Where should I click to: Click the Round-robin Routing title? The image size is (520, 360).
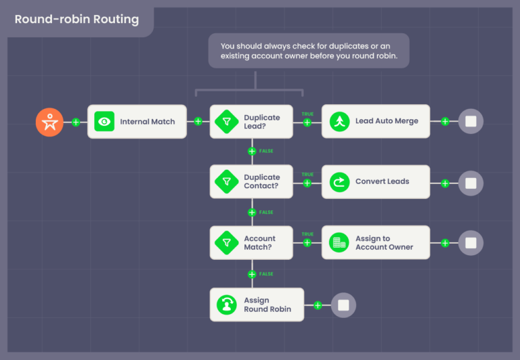(77, 19)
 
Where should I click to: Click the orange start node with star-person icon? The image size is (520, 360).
(49, 122)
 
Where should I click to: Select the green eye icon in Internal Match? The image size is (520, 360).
(104, 122)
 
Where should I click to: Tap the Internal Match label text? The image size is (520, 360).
(147, 122)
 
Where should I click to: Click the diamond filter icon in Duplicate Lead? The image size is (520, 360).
(225, 122)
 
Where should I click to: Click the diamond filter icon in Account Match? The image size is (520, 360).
(225, 243)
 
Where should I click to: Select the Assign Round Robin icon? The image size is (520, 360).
(225, 305)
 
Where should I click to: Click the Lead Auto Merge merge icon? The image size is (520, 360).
(338, 122)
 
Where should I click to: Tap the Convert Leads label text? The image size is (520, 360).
(382, 181)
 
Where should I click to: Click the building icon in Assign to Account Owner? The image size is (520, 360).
(338, 243)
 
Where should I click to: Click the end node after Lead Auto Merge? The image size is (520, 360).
(471, 122)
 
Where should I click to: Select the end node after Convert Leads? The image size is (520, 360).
(471, 183)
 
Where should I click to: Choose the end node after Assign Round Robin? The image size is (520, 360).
(343, 305)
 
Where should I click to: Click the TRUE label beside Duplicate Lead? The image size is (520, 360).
(307, 114)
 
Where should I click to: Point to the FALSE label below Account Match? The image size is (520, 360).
(266, 274)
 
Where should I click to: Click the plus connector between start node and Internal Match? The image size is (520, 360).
(76, 122)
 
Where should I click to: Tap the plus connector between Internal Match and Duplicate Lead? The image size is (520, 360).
(198, 122)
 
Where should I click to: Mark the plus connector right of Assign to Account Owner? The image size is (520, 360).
(445, 243)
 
